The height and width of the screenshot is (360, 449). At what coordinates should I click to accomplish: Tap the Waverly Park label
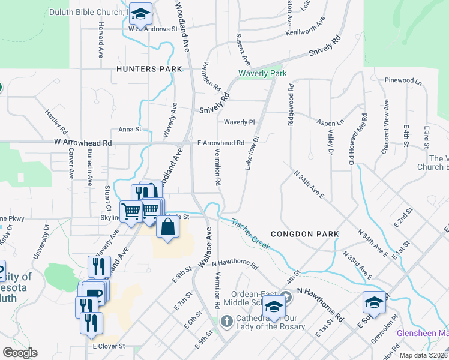(x=262, y=74)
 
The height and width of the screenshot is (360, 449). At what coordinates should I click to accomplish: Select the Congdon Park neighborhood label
(x=304, y=233)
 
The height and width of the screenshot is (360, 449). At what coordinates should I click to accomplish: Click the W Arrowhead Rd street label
(x=83, y=143)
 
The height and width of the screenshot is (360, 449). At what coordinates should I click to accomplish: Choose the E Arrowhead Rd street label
(x=220, y=143)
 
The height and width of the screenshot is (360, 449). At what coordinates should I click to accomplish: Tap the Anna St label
(x=130, y=129)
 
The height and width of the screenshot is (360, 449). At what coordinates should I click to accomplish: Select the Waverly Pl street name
(x=240, y=122)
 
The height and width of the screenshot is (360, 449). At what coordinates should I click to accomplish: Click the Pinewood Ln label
(x=403, y=80)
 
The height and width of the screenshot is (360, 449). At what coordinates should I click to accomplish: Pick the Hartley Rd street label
(x=56, y=121)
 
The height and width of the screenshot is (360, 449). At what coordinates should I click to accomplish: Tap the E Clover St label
(x=109, y=346)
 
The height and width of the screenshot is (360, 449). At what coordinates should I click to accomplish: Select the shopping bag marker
(x=167, y=227)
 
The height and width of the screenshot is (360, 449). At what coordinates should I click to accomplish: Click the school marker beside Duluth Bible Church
(x=141, y=14)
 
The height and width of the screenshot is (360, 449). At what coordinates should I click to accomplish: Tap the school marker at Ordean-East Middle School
(x=274, y=306)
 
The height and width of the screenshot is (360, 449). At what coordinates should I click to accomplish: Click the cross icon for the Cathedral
(x=226, y=322)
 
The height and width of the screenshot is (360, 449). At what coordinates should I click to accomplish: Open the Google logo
(x=20, y=353)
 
